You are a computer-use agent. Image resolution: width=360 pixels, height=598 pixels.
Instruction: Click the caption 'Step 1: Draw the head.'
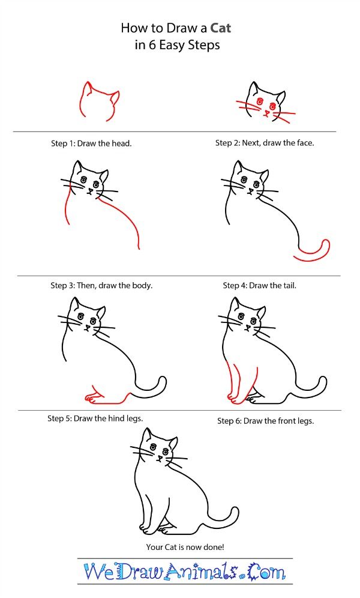[91, 143]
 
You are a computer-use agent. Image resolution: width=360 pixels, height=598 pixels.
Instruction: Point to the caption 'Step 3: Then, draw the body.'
[101, 285]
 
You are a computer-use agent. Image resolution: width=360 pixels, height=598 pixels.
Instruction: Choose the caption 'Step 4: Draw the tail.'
[259, 285]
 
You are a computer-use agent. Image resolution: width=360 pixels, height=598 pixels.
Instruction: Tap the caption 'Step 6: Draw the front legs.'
[265, 421]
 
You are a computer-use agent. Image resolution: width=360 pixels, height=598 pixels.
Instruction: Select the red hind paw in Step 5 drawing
[92, 396]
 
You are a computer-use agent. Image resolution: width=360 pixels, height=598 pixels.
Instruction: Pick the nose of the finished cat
[160, 458]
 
